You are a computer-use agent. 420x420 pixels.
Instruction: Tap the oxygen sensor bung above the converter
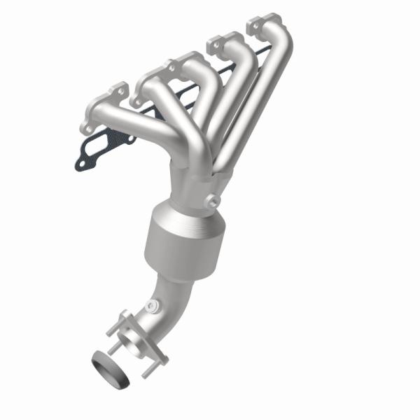point(210,202)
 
